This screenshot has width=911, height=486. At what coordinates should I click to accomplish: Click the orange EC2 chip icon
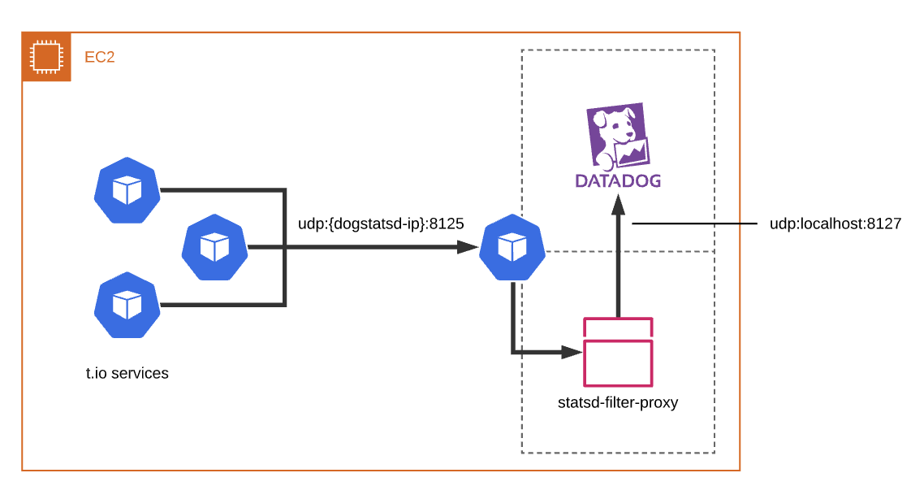46,57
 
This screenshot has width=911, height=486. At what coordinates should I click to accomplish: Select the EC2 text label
99,58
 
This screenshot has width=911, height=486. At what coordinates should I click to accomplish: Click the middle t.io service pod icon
214,247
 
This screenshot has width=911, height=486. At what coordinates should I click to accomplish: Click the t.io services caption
127,374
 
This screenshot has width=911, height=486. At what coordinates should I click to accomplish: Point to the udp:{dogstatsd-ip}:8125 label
381,223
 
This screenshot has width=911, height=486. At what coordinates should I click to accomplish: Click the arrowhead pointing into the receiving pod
467,247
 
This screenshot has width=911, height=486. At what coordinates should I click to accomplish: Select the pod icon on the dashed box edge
511,247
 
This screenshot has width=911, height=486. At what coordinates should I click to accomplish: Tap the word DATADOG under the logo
618,180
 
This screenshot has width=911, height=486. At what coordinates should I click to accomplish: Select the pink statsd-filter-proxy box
618,362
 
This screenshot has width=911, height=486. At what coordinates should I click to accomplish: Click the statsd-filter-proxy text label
618,402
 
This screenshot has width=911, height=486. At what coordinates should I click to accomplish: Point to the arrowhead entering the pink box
574,352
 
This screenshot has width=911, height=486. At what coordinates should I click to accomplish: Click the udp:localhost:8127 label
835,223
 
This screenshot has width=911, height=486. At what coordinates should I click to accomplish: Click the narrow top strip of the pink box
618,328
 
